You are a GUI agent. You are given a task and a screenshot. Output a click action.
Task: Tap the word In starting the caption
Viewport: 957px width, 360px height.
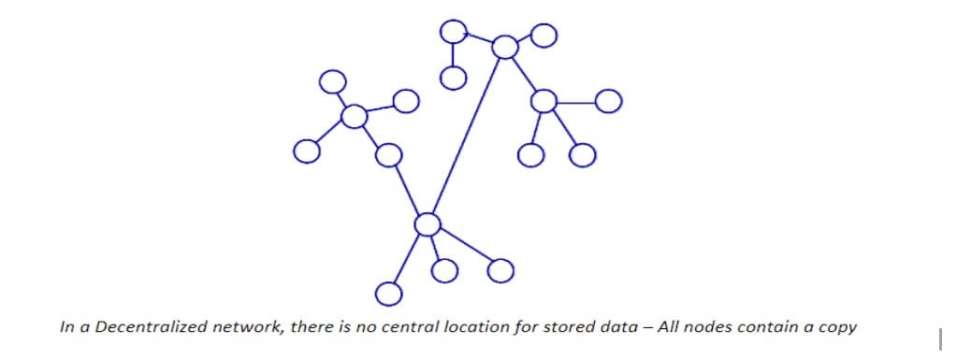[x=65, y=328]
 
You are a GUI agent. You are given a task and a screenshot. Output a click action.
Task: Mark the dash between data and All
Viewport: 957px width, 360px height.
[x=605, y=328]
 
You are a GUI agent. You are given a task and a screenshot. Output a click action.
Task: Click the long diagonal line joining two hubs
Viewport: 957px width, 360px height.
[x=465, y=137]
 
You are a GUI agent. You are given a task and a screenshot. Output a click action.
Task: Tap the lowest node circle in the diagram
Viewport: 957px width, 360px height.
[x=387, y=294]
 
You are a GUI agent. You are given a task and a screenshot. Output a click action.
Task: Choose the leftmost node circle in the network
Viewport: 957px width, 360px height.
[x=305, y=150]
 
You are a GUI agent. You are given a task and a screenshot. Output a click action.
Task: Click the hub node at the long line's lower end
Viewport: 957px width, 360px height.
[x=427, y=223]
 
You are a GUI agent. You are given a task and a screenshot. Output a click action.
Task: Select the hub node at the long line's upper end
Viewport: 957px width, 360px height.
[x=505, y=46]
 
